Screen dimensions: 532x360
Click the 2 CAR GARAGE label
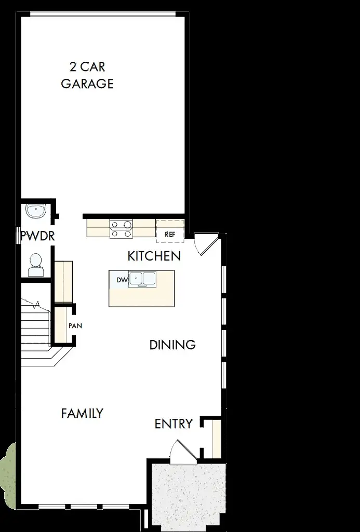(x=87, y=75)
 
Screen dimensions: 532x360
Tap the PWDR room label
(x=37, y=237)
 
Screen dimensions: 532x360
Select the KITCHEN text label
(x=154, y=256)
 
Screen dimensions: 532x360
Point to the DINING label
(x=172, y=345)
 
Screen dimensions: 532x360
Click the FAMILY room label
(x=82, y=414)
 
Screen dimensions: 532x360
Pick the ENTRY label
(x=174, y=424)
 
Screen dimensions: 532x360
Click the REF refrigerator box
(x=170, y=234)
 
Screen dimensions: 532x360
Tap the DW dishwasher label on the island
(x=122, y=280)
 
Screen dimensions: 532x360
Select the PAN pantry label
(x=75, y=326)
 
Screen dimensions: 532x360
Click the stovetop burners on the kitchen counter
(x=122, y=229)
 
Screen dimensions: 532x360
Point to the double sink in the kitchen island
(x=142, y=279)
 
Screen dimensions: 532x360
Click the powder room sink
(x=36, y=211)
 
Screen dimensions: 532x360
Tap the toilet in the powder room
(x=36, y=265)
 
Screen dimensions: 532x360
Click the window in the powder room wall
(x=19, y=237)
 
